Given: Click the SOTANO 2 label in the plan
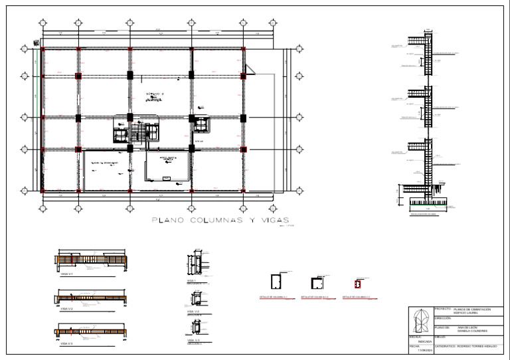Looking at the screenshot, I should [x=153, y=95].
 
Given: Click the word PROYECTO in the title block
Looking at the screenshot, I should [x=442, y=309].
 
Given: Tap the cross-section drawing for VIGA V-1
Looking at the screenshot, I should [x=199, y=264].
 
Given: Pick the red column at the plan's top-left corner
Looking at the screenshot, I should [x=43, y=49].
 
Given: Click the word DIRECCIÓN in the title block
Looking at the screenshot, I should [x=443, y=318].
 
